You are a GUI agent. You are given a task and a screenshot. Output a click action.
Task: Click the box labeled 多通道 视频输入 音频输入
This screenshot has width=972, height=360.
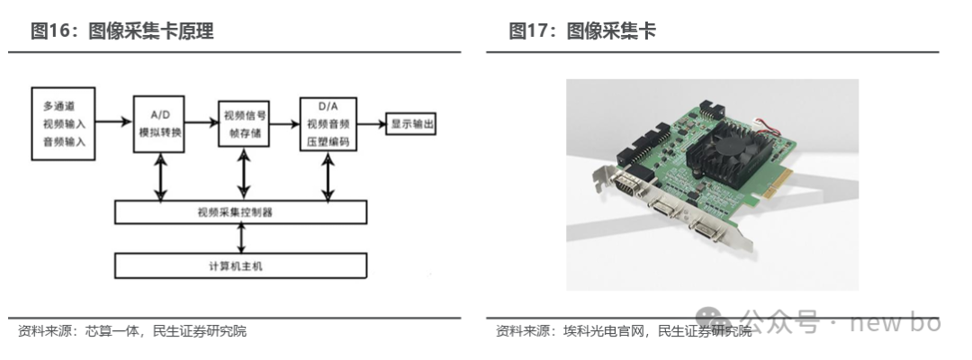point(62,123)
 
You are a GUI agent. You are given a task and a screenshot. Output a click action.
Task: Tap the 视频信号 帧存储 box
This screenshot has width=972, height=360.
point(244,123)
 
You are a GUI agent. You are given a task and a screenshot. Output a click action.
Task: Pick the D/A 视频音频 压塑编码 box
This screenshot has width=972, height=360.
point(328,123)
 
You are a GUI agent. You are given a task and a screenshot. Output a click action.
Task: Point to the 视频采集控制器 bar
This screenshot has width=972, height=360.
point(241,212)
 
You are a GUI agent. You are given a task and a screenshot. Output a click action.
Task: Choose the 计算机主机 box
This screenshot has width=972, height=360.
point(241,265)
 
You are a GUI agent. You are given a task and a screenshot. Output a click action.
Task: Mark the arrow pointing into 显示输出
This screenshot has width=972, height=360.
point(371,123)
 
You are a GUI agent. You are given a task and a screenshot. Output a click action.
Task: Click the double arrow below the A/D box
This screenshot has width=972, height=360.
point(161,176)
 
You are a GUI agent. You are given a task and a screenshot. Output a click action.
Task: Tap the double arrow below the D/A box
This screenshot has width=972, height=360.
point(328,176)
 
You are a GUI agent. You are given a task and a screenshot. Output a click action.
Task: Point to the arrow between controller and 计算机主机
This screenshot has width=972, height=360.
point(241,238)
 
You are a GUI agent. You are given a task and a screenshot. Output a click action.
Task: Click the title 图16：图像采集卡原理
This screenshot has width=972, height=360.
point(122,31)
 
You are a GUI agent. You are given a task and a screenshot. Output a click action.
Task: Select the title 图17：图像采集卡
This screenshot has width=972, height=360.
point(582,31)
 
